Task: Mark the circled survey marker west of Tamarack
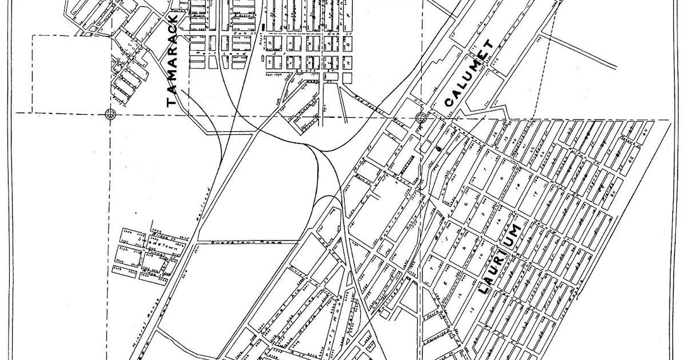click(x=110, y=114)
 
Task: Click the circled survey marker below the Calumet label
click(x=422, y=118)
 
